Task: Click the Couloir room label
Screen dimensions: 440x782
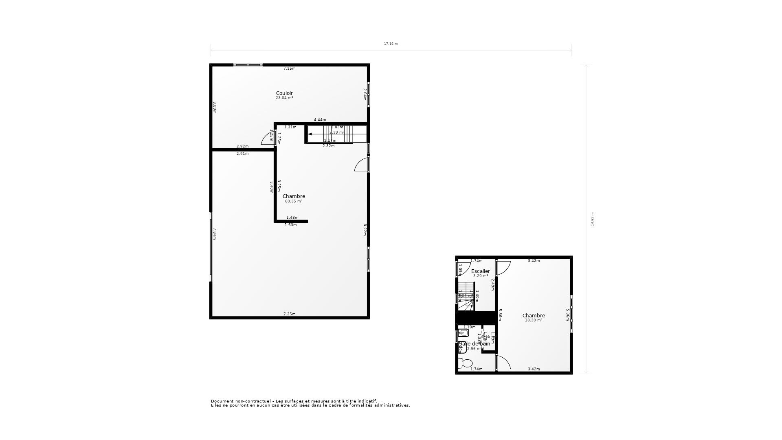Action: point(284,93)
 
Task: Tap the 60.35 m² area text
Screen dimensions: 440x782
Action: point(294,201)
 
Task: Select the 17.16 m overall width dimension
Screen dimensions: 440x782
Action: point(391,44)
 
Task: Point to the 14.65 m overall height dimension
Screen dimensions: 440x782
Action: point(592,219)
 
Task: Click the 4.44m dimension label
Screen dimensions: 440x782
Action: point(320,120)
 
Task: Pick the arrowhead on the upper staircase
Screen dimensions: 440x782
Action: point(310,134)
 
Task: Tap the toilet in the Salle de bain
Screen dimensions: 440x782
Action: point(465,363)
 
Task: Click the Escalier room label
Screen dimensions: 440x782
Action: point(481,271)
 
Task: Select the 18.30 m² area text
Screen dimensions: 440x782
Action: point(534,320)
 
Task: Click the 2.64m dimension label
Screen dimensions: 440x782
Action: point(365,95)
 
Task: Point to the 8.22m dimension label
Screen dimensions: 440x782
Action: point(365,229)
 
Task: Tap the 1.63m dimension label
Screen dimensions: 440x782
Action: point(290,225)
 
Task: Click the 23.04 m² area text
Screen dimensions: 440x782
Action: point(284,98)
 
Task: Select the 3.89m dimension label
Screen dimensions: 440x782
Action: point(215,108)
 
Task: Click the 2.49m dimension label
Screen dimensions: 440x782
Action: point(493,284)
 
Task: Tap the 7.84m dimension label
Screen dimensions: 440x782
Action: point(215,234)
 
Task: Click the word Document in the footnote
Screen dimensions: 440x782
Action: point(220,401)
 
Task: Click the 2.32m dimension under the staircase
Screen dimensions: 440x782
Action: point(328,146)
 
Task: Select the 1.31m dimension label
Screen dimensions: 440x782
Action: point(290,127)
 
